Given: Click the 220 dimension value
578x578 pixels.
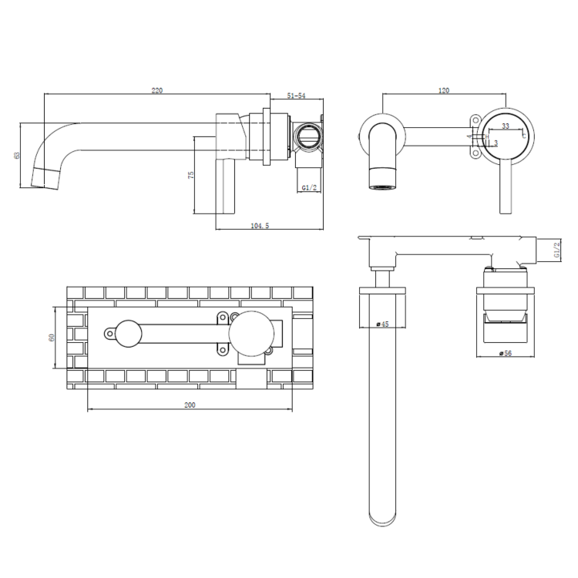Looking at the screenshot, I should tap(157, 91).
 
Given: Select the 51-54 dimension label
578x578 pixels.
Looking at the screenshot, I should tap(296, 96).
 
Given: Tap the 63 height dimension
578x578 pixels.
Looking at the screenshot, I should tap(16, 155).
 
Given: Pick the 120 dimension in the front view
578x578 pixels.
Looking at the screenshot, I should tap(443, 91).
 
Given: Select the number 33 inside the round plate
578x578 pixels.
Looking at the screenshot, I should tap(506, 125).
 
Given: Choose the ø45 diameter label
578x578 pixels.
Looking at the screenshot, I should tap(381, 325).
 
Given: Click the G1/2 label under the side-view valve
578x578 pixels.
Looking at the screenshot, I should tap(309, 187).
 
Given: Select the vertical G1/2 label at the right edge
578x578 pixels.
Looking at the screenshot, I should tap(556, 250).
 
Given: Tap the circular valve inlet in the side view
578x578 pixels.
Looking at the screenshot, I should tap(307, 138).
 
